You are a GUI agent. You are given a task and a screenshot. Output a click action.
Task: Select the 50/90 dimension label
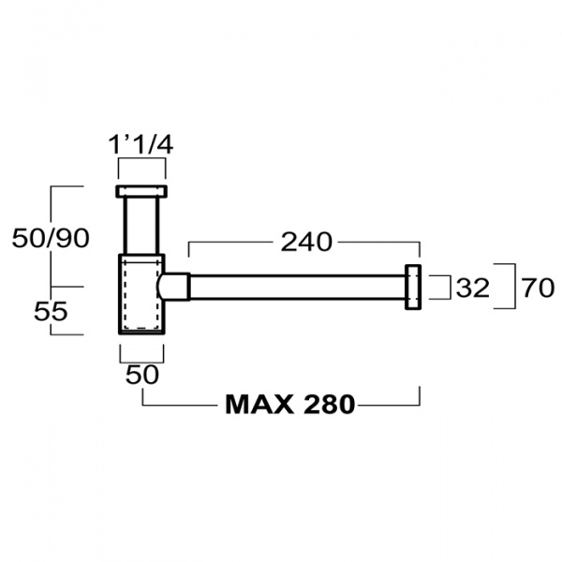51,238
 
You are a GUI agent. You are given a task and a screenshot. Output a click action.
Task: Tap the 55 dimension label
51,311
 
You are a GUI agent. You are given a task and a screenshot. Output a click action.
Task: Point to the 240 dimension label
306,242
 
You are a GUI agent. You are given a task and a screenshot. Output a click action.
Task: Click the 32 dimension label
473,288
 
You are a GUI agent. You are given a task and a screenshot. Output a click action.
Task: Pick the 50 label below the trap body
140,374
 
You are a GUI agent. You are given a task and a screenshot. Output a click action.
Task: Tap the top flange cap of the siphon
141,191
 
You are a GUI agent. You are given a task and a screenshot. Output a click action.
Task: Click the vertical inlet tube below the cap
141,225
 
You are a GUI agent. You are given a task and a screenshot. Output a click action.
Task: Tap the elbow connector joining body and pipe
176,287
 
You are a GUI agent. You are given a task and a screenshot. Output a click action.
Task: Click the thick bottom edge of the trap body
141,333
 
